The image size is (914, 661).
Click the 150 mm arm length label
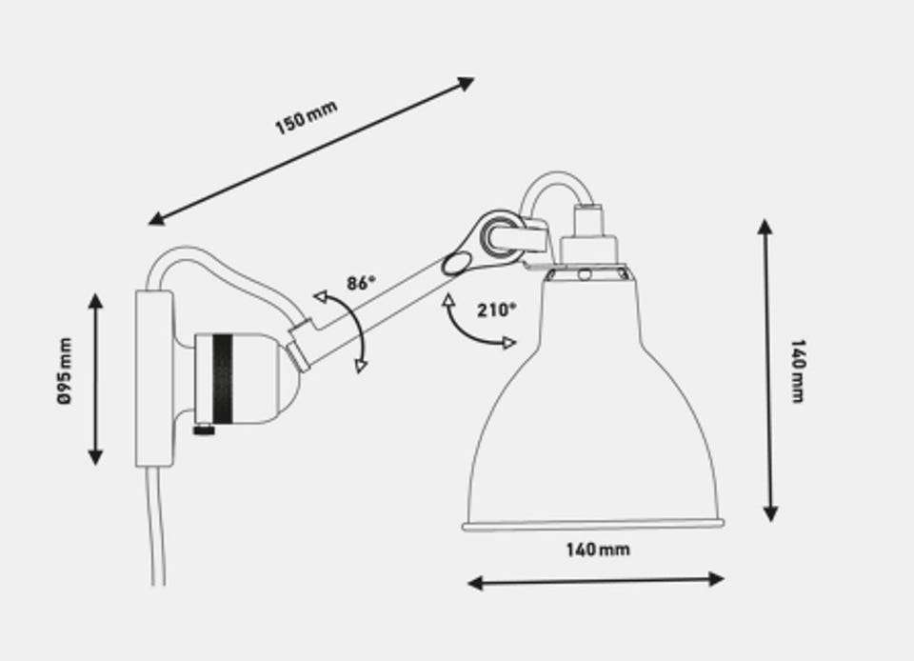click(306, 117)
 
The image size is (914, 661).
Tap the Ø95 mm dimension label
click(65, 371)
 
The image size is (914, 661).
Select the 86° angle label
click(362, 283)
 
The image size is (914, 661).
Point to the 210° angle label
click(497, 310)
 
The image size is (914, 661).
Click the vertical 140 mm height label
click(798, 371)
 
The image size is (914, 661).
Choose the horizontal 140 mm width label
click(598, 549)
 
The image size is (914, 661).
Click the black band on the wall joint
click(222, 379)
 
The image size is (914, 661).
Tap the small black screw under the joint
click(204, 431)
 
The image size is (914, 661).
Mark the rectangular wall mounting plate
click(154, 379)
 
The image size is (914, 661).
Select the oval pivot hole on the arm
click(456, 264)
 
